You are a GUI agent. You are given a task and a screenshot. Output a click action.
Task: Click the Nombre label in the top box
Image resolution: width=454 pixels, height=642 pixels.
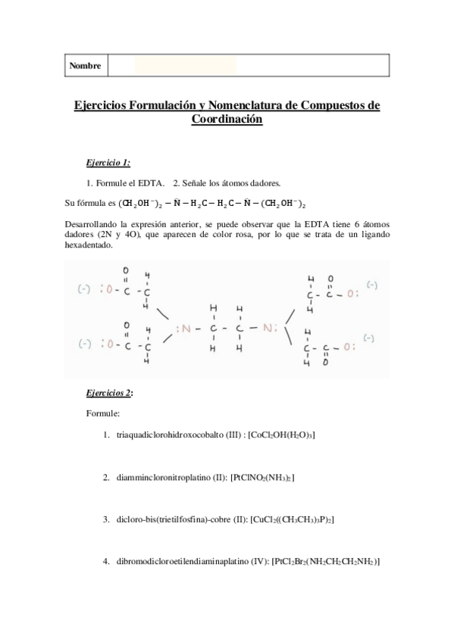coord(85,66)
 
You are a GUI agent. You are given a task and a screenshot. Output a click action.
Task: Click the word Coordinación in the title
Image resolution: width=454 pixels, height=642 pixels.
coord(227,120)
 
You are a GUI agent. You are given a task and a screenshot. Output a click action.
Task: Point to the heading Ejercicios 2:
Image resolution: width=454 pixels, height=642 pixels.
coord(111,394)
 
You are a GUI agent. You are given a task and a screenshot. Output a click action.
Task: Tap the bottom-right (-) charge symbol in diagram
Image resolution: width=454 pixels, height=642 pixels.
coord(371,338)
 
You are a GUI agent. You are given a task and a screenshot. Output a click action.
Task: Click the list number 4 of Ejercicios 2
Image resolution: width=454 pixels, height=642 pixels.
coord(105,562)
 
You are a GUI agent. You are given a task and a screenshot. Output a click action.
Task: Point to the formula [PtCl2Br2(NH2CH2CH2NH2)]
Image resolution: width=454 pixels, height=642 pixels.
coord(325,562)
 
